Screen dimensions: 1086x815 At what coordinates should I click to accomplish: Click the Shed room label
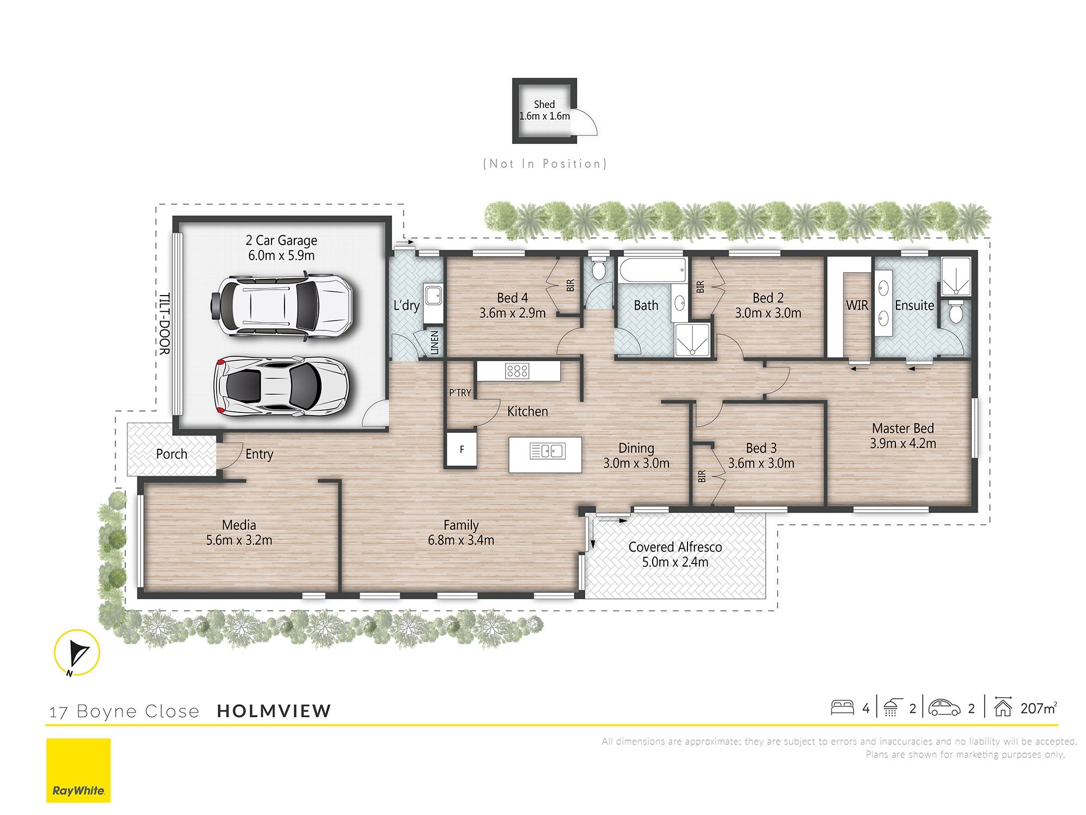[544, 104]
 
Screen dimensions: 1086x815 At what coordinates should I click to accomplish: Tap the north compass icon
[77, 653]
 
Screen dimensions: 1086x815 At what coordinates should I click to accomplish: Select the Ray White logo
[78, 770]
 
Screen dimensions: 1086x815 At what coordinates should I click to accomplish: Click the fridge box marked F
[462, 449]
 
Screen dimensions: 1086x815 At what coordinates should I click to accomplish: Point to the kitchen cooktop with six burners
[516, 371]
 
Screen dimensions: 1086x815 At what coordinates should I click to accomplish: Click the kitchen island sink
[547, 451]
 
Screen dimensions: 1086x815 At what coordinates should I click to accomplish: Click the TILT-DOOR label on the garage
[164, 324]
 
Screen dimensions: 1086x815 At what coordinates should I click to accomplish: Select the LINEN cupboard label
[434, 343]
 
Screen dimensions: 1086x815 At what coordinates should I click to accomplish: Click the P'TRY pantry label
[460, 392]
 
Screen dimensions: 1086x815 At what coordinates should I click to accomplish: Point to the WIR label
[857, 305]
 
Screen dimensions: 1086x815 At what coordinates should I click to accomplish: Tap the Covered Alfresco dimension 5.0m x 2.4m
[675, 562]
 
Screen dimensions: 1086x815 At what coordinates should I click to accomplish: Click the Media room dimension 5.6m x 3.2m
[239, 540]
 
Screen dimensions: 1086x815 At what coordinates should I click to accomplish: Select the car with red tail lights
[281, 386]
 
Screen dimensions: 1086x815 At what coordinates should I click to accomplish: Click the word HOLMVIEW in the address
[274, 711]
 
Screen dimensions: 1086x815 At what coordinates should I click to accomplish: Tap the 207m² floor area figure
[1038, 708]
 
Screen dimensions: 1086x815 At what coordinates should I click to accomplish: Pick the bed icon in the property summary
[842, 707]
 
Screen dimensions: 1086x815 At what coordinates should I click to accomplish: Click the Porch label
[172, 454]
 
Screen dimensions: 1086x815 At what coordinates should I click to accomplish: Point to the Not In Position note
[545, 164]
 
